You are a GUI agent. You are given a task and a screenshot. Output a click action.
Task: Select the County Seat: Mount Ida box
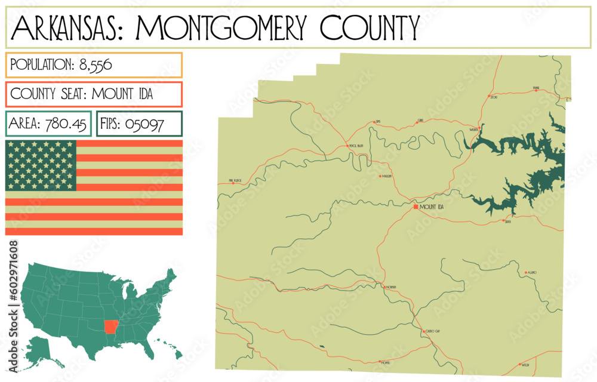click(94, 94)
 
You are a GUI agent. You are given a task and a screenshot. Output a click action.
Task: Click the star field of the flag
click(41, 165)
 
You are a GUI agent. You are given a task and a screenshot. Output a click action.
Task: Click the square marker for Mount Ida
click(416, 207)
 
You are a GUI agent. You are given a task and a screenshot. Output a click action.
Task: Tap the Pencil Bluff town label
click(356, 146)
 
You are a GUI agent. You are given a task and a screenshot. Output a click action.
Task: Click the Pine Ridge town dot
click(233, 183)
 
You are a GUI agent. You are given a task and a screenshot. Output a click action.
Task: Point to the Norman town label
click(391, 287)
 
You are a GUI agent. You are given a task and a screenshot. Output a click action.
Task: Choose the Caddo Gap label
click(433, 331)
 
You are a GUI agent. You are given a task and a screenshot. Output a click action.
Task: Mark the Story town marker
click(489, 95)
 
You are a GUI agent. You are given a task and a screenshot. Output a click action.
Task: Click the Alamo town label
click(532, 273)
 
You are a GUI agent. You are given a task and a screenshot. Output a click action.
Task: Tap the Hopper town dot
click(380, 361)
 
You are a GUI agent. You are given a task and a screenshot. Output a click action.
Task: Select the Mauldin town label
click(387, 177)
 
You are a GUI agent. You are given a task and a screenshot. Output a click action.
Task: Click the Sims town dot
click(374, 122)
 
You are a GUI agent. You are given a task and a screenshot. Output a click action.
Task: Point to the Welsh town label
click(525, 364)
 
